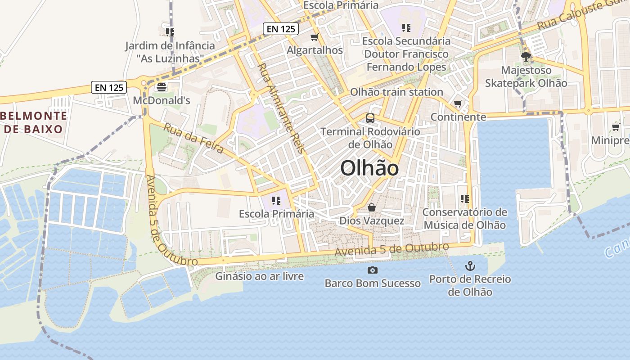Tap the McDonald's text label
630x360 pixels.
point(162,100)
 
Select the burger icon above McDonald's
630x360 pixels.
point(162,87)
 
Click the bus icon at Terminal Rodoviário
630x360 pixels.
point(370,118)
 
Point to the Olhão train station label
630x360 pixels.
point(396,92)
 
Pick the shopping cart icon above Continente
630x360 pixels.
point(458,104)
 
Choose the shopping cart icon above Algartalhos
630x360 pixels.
point(315,37)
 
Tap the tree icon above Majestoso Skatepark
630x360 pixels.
point(526,57)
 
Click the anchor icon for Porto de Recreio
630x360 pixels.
point(470,266)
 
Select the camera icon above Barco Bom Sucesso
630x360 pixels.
point(373,270)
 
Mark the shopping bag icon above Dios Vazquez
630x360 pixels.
point(372,207)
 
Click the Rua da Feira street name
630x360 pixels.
point(193,138)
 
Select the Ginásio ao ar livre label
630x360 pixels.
point(259,276)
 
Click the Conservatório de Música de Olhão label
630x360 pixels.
point(464,218)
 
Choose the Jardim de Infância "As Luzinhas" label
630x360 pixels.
point(170,52)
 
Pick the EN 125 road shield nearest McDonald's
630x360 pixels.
point(109,87)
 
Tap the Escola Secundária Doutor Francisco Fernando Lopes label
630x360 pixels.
point(406,54)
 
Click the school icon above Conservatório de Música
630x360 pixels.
point(465,198)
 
